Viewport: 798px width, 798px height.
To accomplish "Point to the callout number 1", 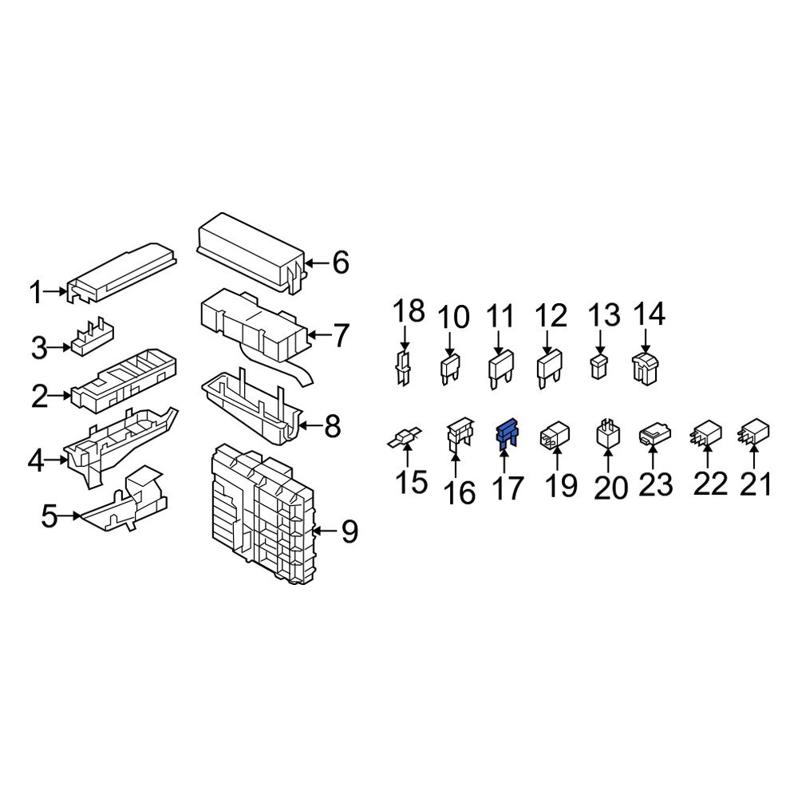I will [x=35, y=293].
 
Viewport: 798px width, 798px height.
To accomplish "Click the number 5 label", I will [x=49, y=516].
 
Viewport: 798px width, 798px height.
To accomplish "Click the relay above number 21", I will [x=754, y=432].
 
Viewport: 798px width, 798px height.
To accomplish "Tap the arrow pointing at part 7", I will [x=318, y=336].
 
